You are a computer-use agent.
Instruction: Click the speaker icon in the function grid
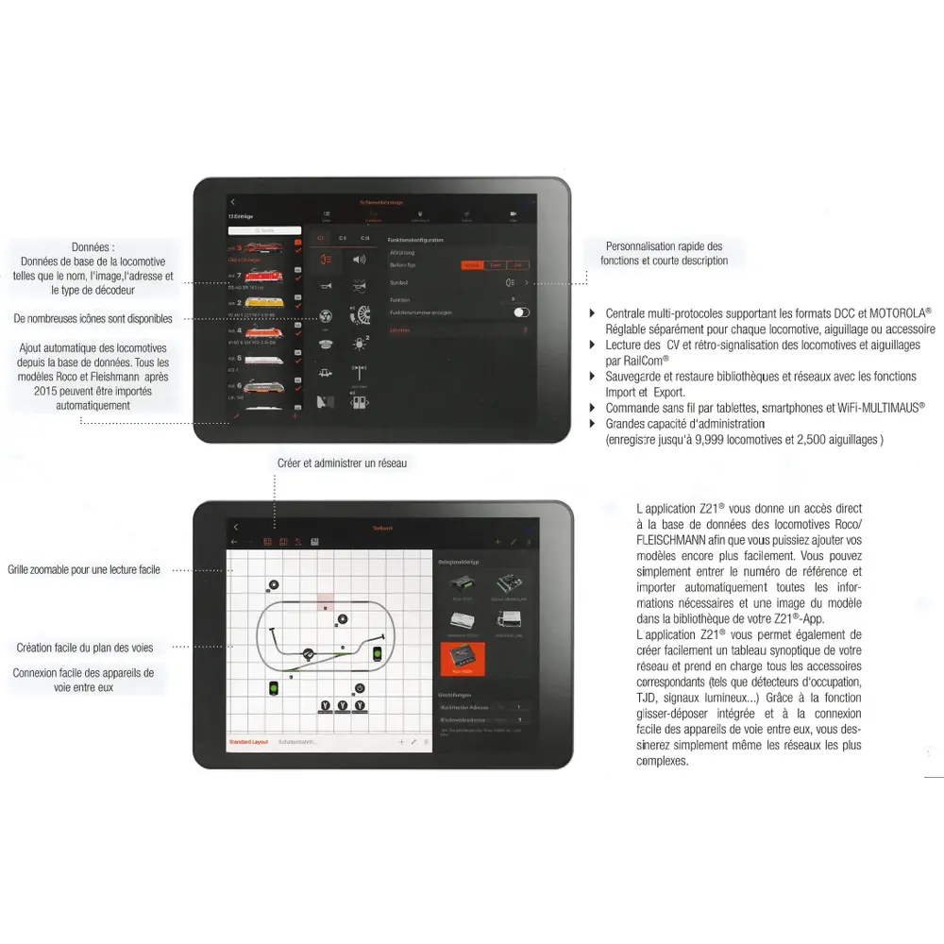tap(360, 260)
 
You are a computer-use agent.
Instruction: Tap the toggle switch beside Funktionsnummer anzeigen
tap(522, 312)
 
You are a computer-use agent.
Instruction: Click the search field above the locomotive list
tap(264, 229)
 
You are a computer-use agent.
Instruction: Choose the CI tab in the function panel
tap(320, 238)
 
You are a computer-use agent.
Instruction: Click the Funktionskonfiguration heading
tap(415, 240)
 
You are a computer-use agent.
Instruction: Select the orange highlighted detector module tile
tap(463, 659)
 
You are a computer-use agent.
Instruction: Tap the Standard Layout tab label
tap(248, 742)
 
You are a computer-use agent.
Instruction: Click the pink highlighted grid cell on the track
tap(325, 600)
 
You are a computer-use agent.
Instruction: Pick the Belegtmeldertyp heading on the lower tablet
tap(458, 563)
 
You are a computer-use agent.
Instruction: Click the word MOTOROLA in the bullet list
tap(898, 312)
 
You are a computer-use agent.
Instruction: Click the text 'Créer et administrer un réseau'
tap(343, 464)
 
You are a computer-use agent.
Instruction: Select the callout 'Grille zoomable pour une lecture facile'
tap(84, 569)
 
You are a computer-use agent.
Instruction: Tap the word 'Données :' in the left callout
tap(94, 246)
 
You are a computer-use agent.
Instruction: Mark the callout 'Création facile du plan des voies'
tap(85, 648)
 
